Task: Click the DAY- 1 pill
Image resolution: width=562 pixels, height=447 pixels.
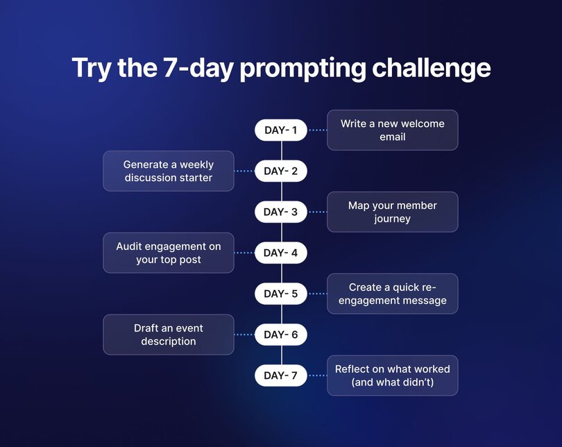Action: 280,130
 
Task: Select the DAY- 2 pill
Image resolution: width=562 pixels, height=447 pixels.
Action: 280,171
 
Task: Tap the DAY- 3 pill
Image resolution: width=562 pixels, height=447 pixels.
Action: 280,212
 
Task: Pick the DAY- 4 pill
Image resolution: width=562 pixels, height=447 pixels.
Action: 280,253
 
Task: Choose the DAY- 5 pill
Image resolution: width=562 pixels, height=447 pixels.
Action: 280,294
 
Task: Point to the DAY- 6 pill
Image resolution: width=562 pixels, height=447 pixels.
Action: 280,335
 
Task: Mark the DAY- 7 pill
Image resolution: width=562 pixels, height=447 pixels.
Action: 280,376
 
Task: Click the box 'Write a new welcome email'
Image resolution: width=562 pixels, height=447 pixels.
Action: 392,130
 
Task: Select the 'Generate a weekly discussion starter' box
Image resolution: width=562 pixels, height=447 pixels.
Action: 169,171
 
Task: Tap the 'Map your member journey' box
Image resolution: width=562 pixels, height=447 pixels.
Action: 392,212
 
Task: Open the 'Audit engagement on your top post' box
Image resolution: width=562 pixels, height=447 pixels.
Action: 169,253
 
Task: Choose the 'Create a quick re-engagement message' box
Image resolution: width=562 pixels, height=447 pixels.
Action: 392,294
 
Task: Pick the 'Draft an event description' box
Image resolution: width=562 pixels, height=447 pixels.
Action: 169,335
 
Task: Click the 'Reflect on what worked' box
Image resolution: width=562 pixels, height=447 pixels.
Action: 392,376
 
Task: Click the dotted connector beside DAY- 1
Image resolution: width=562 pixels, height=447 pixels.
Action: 317,130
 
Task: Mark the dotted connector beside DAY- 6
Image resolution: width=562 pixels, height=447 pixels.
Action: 244,335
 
